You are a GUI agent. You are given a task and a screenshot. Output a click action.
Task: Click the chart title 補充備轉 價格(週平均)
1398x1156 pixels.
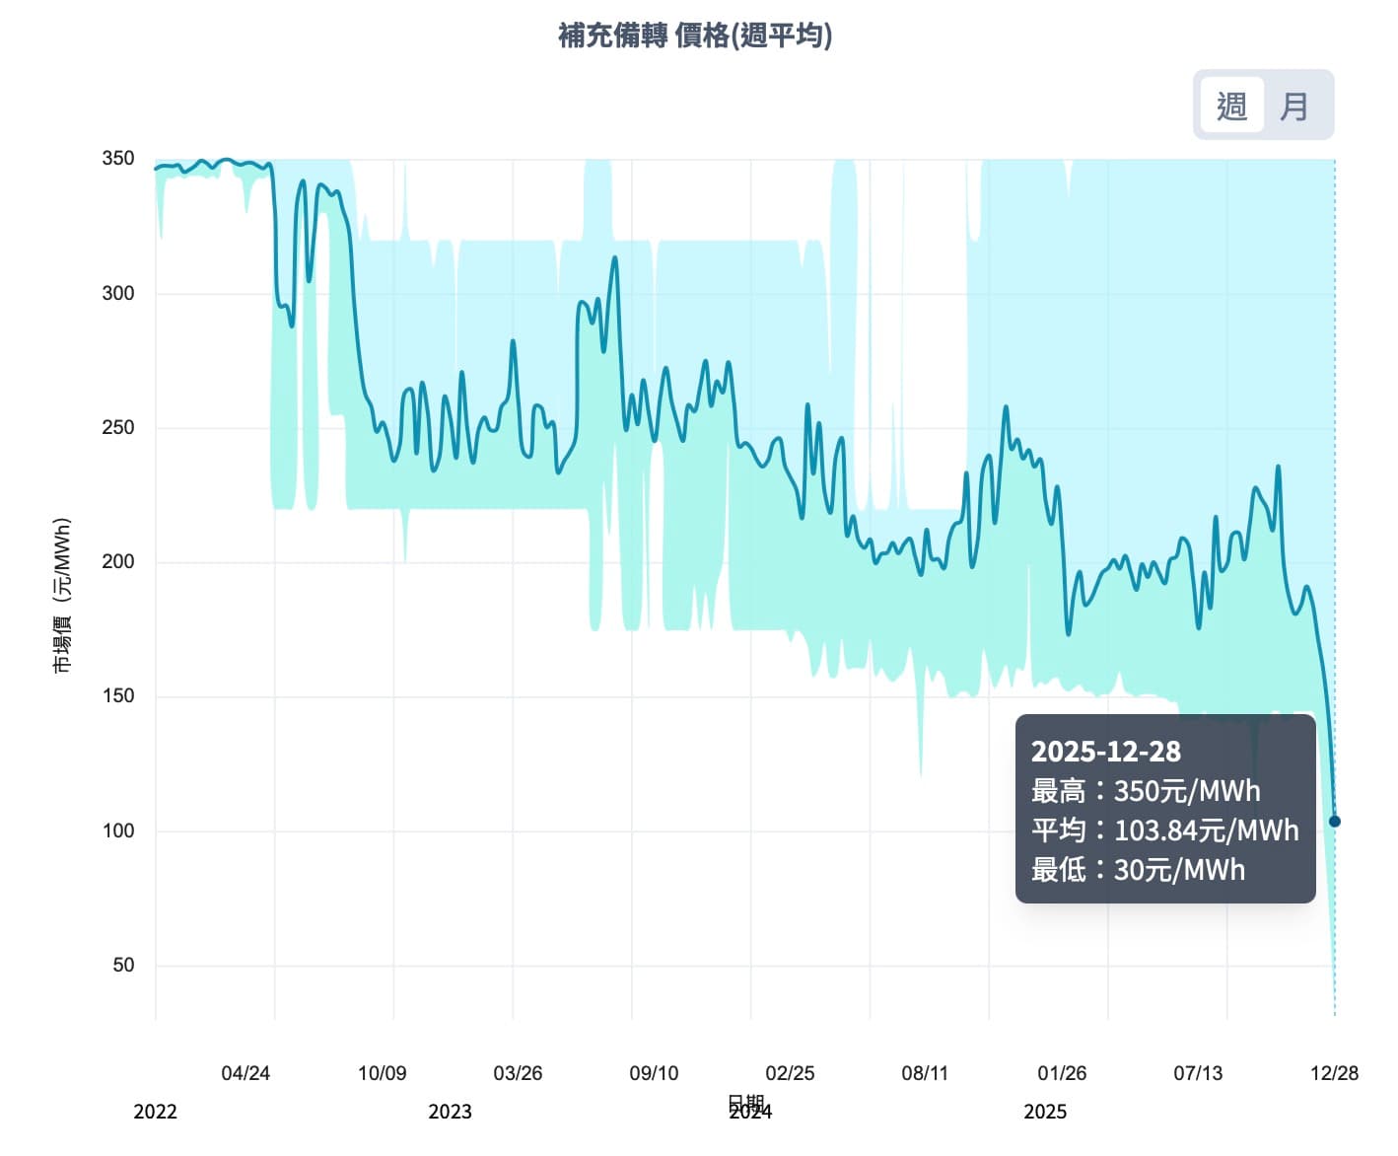coord(695,36)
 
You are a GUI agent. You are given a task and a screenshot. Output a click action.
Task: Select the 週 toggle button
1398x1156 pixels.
coord(1231,106)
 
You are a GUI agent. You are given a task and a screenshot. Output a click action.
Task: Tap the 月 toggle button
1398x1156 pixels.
coord(1293,106)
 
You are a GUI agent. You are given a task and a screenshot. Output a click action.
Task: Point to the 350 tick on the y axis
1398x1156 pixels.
coord(118,158)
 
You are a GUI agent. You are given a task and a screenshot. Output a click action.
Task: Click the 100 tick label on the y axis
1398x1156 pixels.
coord(118,831)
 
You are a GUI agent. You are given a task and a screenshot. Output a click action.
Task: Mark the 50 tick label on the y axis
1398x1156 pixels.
coord(123,965)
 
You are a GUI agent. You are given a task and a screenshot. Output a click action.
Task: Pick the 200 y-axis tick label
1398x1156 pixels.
coord(118,561)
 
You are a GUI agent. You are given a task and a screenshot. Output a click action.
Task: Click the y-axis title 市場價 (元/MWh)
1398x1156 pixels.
coord(62,595)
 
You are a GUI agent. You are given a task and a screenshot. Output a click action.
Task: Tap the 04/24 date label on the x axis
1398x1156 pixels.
coord(245,1073)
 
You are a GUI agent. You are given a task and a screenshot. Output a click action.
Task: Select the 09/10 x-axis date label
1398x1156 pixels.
coord(654,1073)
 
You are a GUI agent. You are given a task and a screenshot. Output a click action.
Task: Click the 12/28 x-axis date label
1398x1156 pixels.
coord(1334,1073)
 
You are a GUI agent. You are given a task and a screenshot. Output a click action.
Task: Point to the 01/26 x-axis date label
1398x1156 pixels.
coord(1062,1073)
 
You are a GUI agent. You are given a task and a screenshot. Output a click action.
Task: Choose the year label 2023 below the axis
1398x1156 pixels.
coord(450,1112)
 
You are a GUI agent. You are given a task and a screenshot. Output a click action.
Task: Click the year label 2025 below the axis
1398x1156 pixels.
coord(1045,1112)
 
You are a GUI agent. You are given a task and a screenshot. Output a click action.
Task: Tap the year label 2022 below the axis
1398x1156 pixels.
coord(155,1112)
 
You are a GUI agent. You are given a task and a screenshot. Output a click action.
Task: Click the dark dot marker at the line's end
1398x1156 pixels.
coord(1335,821)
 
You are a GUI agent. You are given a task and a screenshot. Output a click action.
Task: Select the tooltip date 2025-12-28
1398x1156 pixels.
coord(1105,752)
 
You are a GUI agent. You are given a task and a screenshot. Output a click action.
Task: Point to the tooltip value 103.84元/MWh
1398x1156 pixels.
coord(1206,831)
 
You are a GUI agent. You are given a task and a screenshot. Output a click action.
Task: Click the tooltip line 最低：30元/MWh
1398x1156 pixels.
coord(1138,870)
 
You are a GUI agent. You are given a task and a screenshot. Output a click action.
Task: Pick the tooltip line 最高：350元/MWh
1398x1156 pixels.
coord(1146,791)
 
